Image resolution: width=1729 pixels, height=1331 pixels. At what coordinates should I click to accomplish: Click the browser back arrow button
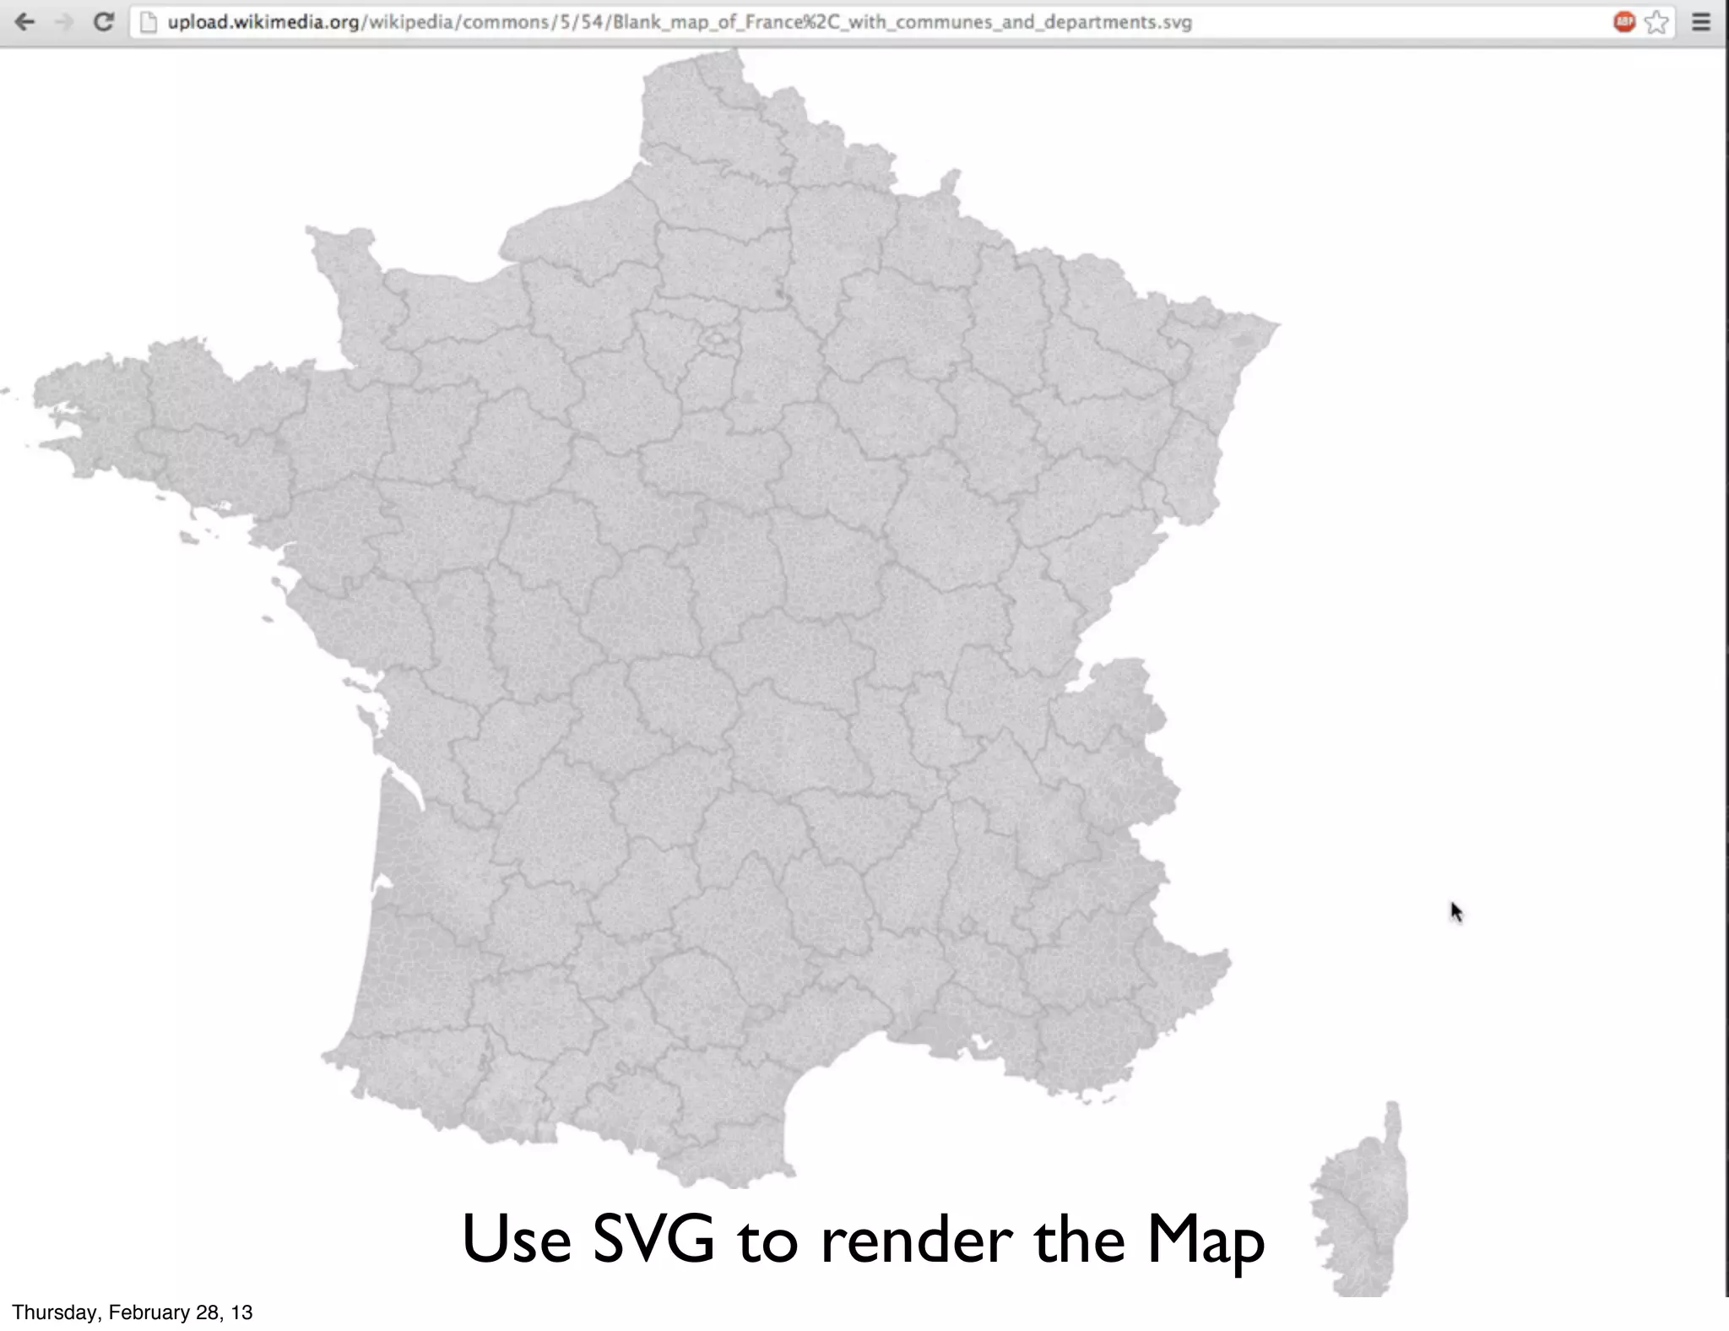(x=24, y=22)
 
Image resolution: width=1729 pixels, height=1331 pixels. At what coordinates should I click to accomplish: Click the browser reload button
(x=103, y=22)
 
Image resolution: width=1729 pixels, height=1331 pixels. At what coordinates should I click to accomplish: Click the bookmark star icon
(x=1657, y=22)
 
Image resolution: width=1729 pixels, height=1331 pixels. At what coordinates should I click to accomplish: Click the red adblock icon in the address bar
(x=1623, y=22)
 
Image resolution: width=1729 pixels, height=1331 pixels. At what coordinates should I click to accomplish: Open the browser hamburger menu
(x=1701, y=22)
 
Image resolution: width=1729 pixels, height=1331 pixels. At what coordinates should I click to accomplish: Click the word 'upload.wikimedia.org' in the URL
(x=263, y=22)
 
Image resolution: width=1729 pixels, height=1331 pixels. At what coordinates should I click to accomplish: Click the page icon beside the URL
(x=149, y=22)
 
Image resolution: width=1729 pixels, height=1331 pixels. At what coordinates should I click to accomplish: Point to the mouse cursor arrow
(x=1455, y=910)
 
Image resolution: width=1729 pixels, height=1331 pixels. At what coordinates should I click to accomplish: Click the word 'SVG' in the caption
(x=653, y=1240)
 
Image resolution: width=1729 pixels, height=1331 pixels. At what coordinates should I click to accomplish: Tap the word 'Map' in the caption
(x=1206, y=1240)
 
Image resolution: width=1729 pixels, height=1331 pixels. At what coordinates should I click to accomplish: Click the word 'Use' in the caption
(x=516, y=1240)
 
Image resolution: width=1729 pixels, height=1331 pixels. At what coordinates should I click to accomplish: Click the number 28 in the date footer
(x=207, y=1312)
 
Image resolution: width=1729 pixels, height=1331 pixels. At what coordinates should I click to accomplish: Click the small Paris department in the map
(x=717, y=340)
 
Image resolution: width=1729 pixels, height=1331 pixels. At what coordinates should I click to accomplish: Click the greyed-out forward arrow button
(x=64, y=22)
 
